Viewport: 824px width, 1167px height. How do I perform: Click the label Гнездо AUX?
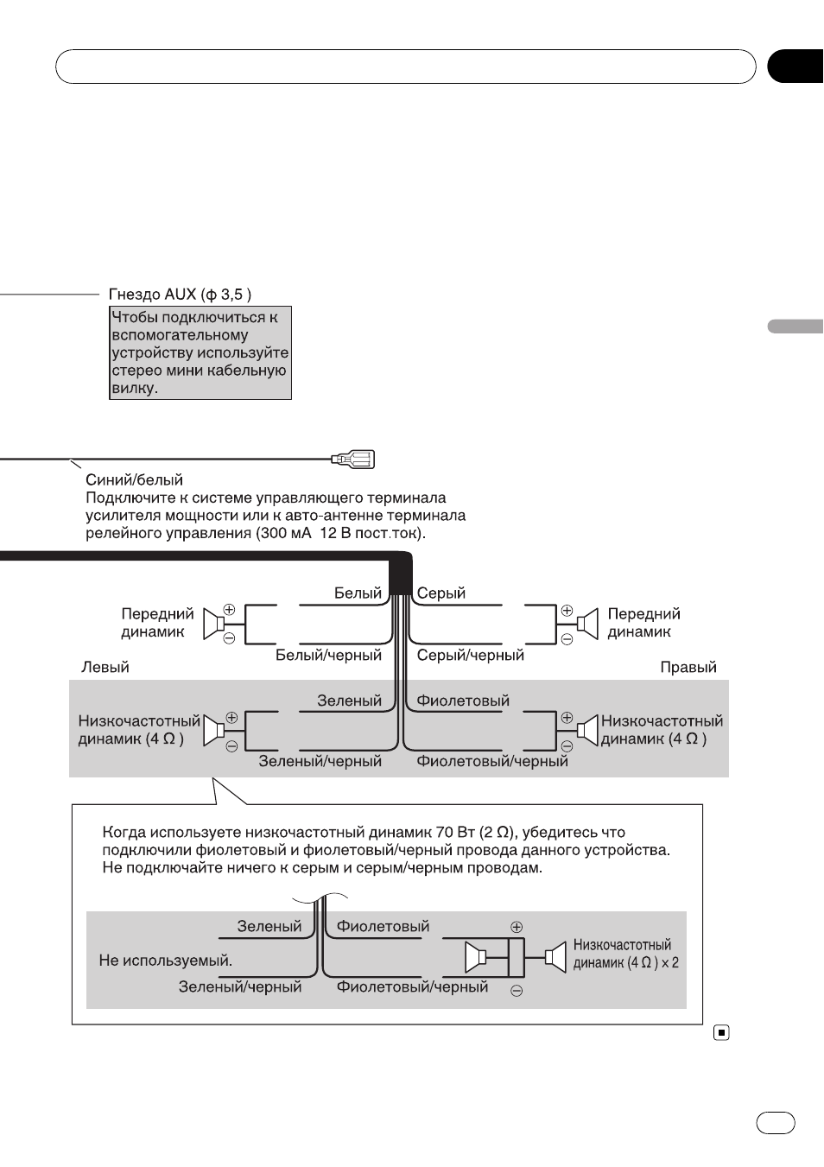coord(152,295)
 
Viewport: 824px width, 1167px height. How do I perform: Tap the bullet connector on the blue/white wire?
coord(353,459)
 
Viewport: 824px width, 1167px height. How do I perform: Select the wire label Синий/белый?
coord(134,479)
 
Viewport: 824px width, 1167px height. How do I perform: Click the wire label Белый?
coord(358,593)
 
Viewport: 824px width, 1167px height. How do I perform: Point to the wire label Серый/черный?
coord(471,655)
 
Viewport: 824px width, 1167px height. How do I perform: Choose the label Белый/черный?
coord(329,655)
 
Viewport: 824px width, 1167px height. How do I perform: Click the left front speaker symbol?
coord(213,624)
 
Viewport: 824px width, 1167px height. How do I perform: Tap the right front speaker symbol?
coord(587,624)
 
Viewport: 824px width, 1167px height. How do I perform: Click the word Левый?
coord(105,667)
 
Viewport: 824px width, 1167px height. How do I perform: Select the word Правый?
coord(688,667)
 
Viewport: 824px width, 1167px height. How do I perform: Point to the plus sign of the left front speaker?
coord(229,609)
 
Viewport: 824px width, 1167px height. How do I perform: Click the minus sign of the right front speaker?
coord(567,638)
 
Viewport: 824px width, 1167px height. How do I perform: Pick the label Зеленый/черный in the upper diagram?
coord(320,761)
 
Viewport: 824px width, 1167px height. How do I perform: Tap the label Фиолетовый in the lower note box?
coord(383,926)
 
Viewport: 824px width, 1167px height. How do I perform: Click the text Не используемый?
coord(166,961)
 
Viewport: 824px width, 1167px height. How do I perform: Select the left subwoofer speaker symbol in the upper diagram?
coord(213,731)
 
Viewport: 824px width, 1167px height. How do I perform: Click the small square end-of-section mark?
coord(721,1032)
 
